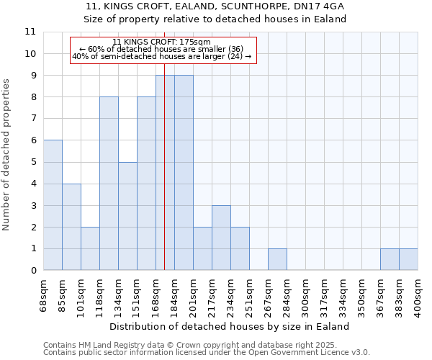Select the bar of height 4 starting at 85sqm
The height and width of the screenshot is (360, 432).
71,227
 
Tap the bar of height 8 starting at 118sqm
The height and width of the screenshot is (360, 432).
109,184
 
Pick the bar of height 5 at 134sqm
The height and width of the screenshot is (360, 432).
127,216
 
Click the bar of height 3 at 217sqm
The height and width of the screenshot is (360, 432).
221,238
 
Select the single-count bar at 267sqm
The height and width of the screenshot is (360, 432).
277,259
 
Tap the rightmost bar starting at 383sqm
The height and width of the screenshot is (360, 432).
408,259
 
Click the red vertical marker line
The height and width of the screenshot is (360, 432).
165,180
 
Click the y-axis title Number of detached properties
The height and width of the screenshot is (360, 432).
6,155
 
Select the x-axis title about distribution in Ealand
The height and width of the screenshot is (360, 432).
230,326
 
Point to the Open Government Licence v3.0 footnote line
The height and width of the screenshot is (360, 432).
207,353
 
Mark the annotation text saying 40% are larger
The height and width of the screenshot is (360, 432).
162,56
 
